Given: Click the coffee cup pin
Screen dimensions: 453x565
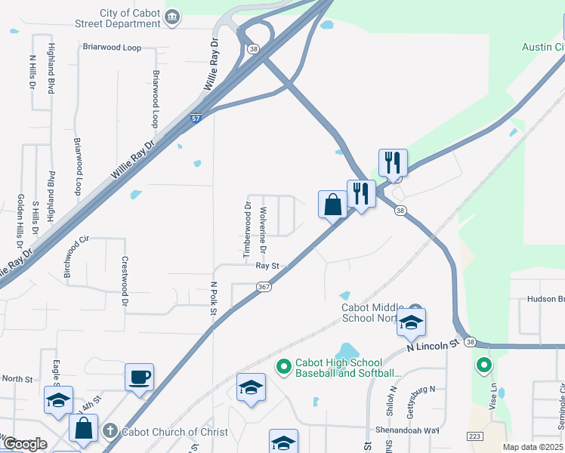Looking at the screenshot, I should (140, 377).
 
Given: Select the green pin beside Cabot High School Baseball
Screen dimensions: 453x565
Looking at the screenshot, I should (284, 368).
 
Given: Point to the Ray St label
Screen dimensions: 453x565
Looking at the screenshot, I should (267, 266).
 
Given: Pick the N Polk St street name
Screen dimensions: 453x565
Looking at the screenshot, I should (214, 304).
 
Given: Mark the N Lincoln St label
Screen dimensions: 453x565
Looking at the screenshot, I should (433, 344).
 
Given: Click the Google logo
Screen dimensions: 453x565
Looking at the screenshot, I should (25, 444).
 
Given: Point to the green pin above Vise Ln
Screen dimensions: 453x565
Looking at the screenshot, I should (483, 366).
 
